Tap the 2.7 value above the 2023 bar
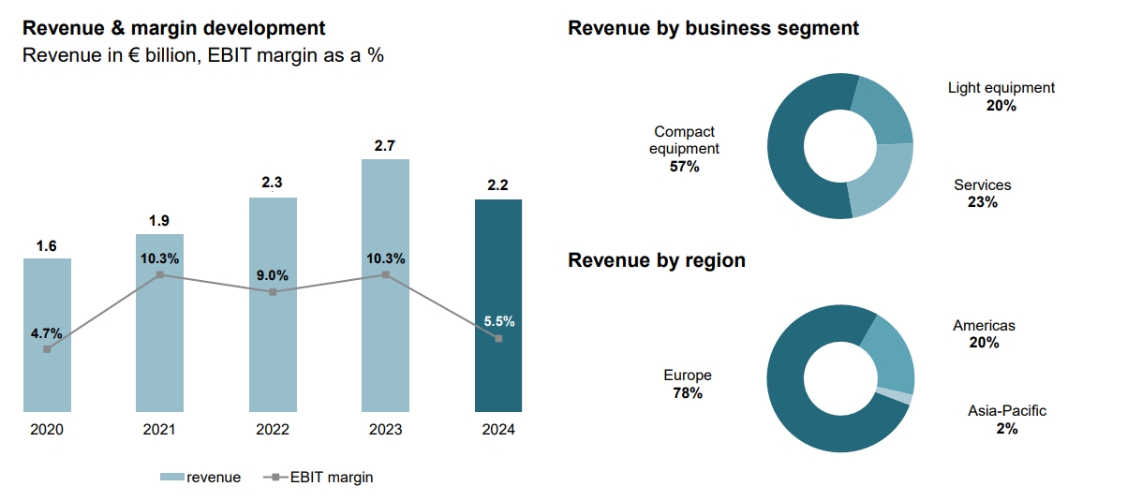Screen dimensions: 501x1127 (x=385, y=145)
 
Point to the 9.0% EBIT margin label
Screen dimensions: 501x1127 (x=273, y=275)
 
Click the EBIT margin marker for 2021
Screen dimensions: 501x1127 (x=160, y=274)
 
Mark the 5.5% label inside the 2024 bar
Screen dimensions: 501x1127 (x=498, y=321)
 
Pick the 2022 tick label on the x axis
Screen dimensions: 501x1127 (x=273, y=430)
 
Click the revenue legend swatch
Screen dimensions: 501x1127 (x=171, y=478)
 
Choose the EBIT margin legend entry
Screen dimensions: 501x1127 (x=318, y=478)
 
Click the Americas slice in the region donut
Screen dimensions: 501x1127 (x=890, y=351)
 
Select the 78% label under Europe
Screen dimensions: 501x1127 (x=688, y=393)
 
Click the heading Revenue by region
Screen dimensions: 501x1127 (x=657, y=260)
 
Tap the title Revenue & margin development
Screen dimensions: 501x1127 (x=174, y=29)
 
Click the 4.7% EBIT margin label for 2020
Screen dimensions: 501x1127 (x=46, y=332)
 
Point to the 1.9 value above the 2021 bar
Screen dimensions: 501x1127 (x=160, y=220)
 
